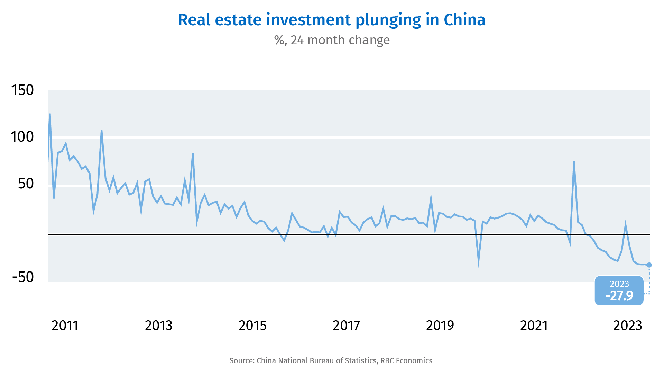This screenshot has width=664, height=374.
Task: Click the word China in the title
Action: click(464, 20)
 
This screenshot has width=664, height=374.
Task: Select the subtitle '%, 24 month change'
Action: click(332, 40)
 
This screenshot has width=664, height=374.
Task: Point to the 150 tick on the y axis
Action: click(22, 90)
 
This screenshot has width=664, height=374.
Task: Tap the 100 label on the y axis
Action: click(22, 137)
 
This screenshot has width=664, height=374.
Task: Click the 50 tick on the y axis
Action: click(26, 184)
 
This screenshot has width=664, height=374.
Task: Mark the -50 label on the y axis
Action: click(23, 277)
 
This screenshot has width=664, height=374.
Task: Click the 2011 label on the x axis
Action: click(65, 326)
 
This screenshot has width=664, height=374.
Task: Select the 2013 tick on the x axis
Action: click(159, 326)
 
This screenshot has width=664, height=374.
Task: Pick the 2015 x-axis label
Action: click(253, 326)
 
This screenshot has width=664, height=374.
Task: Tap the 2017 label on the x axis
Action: click(347, 326)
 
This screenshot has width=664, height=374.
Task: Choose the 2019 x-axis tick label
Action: click(440, 326)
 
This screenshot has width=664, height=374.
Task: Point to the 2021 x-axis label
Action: click(534, 326)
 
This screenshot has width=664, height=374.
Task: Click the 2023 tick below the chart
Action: click(628, 326)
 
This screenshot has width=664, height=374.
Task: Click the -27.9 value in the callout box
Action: click(619, 296)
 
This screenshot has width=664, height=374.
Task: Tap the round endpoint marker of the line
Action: click(649, 265)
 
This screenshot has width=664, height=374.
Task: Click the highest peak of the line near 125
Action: click(50, 114)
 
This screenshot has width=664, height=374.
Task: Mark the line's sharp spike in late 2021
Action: click(574, 162)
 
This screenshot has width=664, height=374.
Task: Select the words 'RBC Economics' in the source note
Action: click(406, 361)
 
